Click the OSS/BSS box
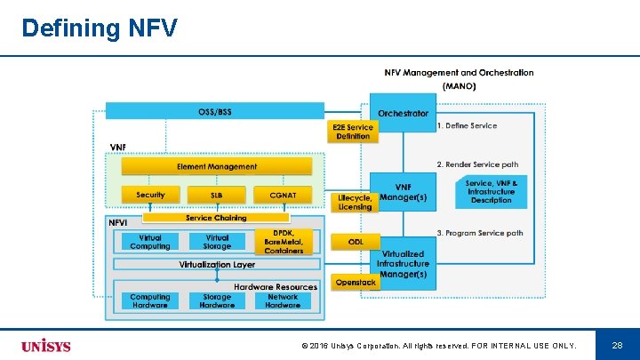click(215, 112)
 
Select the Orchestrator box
click(403, 113)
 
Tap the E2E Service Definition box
click(353, 132)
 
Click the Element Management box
click(217, 166)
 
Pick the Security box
click(150, 195)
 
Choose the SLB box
click(217, 195)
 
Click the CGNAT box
click(282, 195)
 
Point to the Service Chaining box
click(216, 218)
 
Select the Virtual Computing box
click(150, 242)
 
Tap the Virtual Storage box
click(217, 242)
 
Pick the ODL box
click(356, 242)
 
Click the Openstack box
click(356, 282)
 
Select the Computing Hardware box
click(150, 301)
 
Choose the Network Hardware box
click(283, 301)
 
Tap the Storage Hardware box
click(217, 301)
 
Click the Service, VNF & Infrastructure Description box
click(491, 190)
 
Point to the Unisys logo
click(46, 345)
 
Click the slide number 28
click(617, 344)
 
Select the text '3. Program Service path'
click(480, 234)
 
